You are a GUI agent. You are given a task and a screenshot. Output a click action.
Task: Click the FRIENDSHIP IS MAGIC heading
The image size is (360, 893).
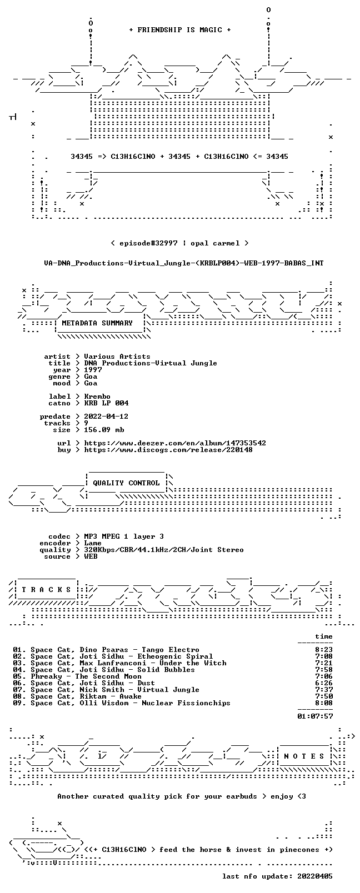180,30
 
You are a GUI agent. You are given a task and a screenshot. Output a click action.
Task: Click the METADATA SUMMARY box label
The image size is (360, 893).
97,323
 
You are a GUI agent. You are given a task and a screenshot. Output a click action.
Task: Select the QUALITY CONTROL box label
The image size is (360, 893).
126,483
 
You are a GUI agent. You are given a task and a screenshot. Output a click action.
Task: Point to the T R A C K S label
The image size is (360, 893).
46,590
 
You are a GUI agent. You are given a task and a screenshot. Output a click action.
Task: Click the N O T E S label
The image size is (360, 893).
304,756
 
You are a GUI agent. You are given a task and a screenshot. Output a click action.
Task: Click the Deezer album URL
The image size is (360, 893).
175,443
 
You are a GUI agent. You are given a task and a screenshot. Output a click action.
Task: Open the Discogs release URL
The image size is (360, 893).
168,450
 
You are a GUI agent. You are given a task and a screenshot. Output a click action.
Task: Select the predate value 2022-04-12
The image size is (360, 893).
106,416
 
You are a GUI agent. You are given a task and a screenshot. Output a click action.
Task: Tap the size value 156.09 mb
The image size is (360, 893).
104,430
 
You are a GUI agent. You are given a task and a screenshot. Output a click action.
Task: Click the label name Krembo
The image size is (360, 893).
97,397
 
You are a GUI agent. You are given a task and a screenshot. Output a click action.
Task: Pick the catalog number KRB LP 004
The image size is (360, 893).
106,403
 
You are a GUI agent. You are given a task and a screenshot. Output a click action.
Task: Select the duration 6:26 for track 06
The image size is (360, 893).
324,683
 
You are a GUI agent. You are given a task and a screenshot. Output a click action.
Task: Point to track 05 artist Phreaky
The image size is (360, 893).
46,676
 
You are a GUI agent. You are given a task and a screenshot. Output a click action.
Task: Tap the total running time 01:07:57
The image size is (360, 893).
315,716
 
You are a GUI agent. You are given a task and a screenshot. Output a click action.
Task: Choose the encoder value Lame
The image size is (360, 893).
93,543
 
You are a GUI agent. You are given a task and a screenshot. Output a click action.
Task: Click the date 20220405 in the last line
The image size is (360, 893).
315,876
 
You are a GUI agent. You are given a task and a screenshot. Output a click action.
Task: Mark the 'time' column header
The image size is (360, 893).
324,636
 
